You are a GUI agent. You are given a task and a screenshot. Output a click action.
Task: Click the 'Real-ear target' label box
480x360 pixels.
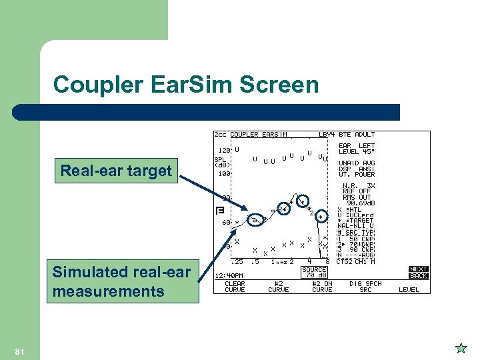click(x=116, y=171)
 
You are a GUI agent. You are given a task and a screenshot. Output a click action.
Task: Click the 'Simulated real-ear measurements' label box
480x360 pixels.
click(x=122, y=282)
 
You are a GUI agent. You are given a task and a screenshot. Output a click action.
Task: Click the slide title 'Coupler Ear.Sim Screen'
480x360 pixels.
click(x=186, y=85)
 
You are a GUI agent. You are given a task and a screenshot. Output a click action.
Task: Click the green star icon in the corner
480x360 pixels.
click(x=460, y=347)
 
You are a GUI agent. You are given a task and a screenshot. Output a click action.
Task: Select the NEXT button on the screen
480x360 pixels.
click(x=419, y=269)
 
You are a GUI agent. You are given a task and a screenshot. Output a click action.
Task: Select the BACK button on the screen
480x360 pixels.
click(x=419, y=275)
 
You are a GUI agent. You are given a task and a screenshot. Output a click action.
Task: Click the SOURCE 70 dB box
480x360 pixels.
click(x=314, y=272)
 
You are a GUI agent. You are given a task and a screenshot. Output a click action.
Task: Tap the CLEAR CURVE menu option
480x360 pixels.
click(x=235, y=287)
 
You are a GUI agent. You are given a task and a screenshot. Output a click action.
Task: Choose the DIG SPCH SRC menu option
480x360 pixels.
click(x=365, y=287)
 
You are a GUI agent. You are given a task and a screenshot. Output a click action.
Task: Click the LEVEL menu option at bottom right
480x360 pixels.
click(x=409, y=290)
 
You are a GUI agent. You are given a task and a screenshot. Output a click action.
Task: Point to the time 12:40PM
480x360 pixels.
click(x=229, y=275)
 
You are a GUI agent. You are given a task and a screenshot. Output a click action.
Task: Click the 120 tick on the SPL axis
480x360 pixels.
click(x=225, y=150)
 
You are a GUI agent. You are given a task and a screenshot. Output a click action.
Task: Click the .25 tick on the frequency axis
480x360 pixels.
click(x=235, y=261)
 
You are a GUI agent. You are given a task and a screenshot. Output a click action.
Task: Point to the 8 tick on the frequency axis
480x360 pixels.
click(x=327, y=261)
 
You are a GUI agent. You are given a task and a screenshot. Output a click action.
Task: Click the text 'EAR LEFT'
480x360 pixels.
click(x=357, y=146)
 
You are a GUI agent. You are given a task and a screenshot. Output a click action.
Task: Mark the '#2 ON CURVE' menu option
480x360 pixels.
click(x=322, y=287)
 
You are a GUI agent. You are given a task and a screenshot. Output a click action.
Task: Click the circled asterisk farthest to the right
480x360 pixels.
click(x=321, y=217)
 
